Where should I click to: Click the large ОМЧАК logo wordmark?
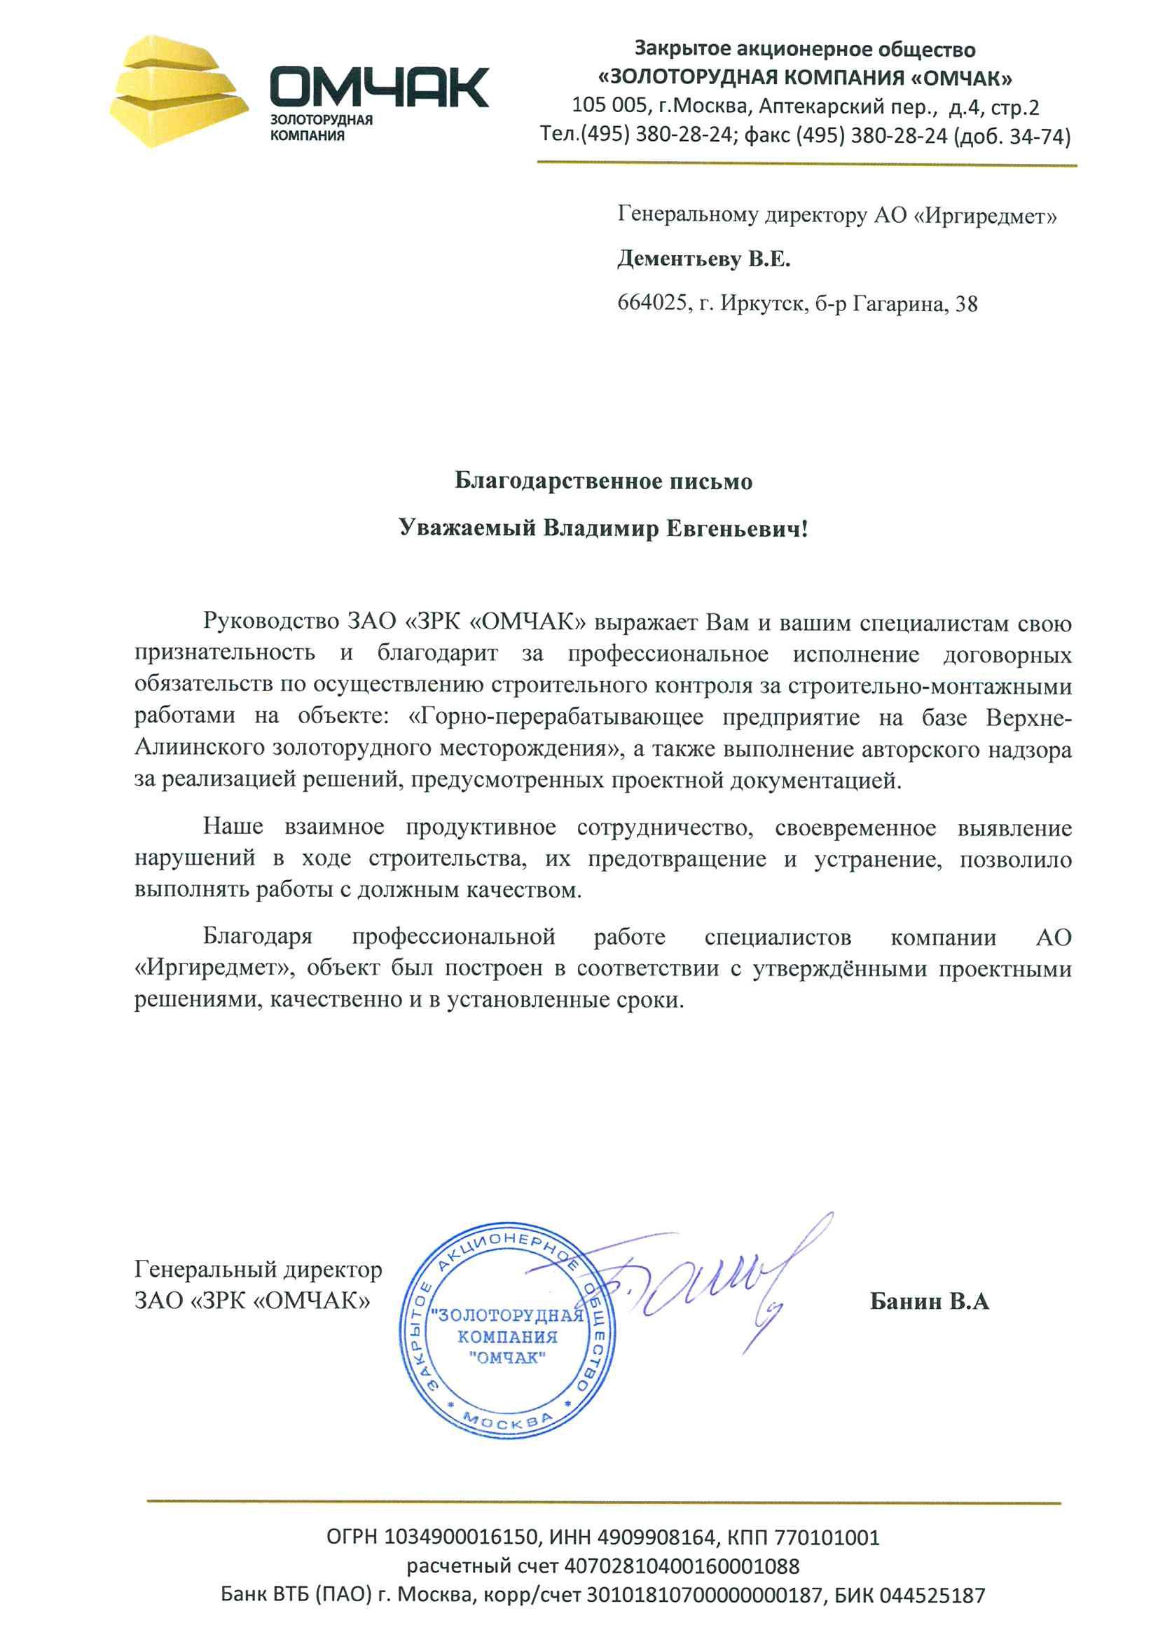pos(379,87)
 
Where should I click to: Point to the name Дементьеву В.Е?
pos(703,259)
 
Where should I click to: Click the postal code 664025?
pos(654,304)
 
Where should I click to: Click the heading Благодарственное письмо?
pos(604,481)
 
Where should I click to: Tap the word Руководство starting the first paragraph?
pos(270,622)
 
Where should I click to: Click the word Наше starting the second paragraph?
pos(233,827)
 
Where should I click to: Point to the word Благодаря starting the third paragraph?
pos(258,937)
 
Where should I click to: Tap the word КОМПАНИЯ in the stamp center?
pos(507,1336)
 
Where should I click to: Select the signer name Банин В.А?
pos(929,1301)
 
